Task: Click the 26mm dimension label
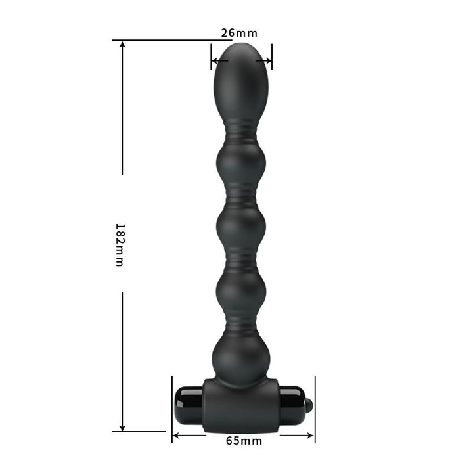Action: (239, 32)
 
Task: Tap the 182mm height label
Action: (119, 244)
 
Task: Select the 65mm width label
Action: (244, 441)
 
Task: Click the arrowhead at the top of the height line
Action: (122, 44)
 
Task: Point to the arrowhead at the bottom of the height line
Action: (122, 428)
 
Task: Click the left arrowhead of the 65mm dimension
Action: (175, 434)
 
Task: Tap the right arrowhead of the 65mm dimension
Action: (311, 434)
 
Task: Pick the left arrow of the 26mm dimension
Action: (215, 62)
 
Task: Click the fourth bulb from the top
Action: (241, 289)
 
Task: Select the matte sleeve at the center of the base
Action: (240, 404)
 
